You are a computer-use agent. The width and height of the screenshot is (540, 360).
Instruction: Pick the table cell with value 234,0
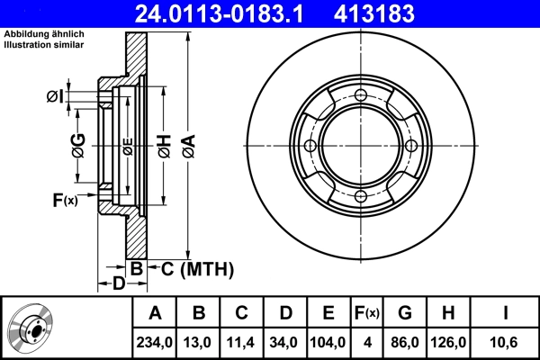coord(155,341)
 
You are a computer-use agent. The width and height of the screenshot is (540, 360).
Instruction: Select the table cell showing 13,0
coord(200,341)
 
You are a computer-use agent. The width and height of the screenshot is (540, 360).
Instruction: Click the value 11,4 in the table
coord(242,341)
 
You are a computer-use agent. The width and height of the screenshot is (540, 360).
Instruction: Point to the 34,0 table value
coord(285,341)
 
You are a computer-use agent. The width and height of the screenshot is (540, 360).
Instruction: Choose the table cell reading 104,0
coord(328,341)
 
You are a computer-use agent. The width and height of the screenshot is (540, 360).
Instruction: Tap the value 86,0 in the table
coord(405,341)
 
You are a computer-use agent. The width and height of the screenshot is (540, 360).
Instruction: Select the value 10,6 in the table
coord(507,341)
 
